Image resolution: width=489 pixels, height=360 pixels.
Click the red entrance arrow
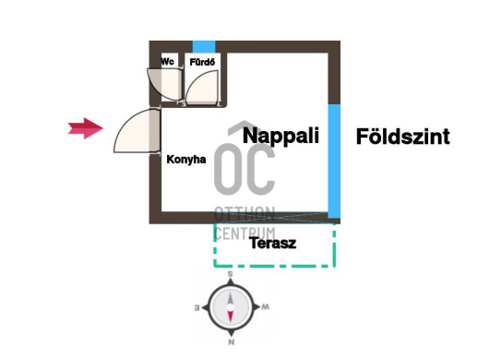85,128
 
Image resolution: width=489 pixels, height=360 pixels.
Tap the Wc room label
168,61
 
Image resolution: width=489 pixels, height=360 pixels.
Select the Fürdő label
202,62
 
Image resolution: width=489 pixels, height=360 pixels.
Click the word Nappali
280,136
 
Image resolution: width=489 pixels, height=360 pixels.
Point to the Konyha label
186,160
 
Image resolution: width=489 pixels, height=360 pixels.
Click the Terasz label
273,243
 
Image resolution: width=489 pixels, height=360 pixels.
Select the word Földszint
403,137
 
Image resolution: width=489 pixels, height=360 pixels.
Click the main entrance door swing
137,130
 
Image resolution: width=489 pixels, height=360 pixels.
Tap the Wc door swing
164,84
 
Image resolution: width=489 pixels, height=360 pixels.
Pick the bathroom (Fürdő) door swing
202,87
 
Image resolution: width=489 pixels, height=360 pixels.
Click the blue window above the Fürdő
204,47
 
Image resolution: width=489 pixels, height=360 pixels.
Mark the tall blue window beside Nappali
334,161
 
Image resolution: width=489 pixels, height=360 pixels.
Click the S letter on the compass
230,274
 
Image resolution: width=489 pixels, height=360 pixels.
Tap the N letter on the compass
231,342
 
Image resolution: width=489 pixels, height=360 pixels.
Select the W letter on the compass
265,307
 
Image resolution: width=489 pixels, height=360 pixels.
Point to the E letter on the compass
197,308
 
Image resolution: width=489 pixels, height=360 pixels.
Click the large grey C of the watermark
260,169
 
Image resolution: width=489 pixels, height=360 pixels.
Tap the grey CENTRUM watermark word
245,234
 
